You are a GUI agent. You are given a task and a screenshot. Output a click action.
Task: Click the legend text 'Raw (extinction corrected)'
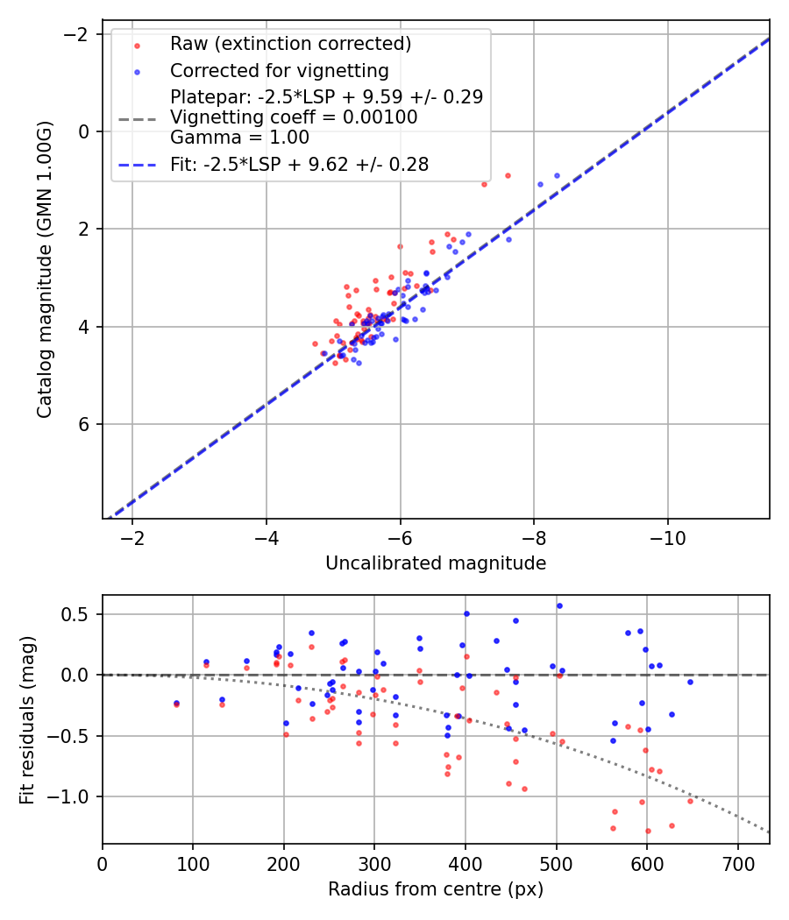pyautogui.click(x=290, y=44)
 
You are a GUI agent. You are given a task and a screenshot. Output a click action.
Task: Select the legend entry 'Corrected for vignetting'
pyautogui.click(x=279, y=70)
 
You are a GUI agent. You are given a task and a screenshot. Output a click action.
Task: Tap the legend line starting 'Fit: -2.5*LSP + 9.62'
pyautogui.click(x=299, y=164)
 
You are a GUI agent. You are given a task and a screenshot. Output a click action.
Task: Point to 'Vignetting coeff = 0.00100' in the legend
pyautogui.click(x=293, y=117)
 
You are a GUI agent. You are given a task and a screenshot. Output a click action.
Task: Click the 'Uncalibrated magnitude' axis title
pyautogui.click(x=436, y=563)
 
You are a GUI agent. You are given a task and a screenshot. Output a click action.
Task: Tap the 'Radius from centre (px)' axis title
pyautogui.click(x=436, y=889)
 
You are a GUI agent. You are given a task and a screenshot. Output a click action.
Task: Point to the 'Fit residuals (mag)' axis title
pyautogui.click(x=26, y=719)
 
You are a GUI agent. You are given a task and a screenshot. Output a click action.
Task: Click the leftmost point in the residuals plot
pyautogui.click(x=176, y=703)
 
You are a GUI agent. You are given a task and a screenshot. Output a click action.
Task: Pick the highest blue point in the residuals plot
pyautogui.click(x=559, y=605)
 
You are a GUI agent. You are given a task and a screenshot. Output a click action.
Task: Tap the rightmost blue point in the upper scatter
pyautogui.click(x=557, y=175)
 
